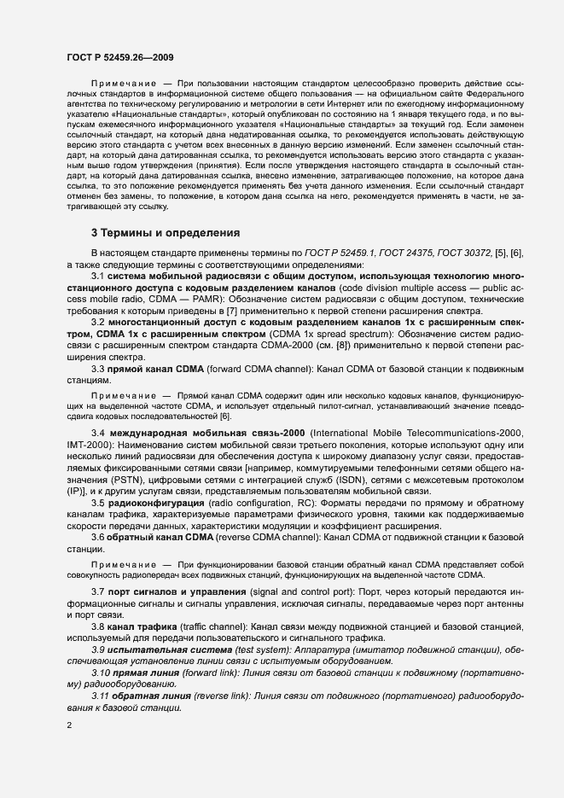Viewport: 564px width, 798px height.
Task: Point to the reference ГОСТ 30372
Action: [474, 254]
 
